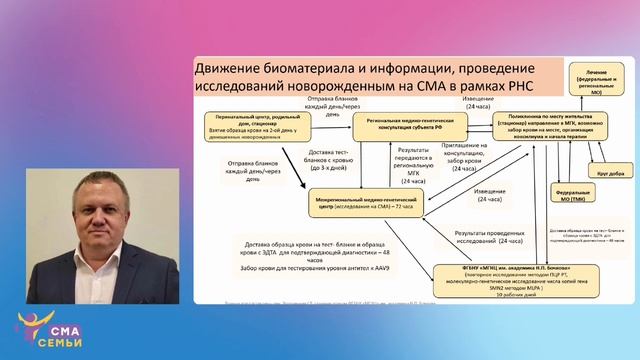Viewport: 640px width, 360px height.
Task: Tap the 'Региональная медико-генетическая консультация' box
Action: pyautogui.click(x=405, y=126)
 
